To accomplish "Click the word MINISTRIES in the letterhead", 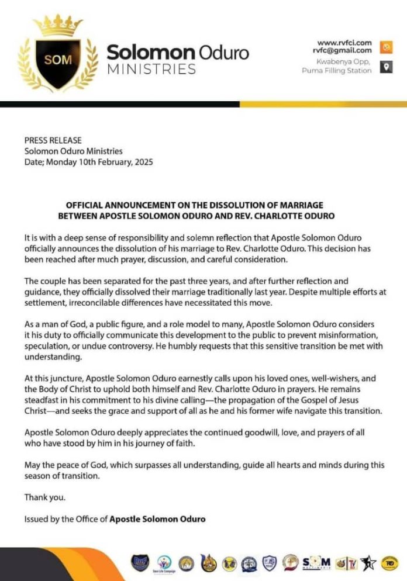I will coord(151,70).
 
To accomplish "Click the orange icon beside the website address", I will coord(385,46).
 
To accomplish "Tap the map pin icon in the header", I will coord(385,67).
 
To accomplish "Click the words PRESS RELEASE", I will coord(53,140).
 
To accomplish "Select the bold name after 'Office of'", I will coord(157,518).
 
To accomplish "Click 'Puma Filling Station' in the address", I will coord(336,71).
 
